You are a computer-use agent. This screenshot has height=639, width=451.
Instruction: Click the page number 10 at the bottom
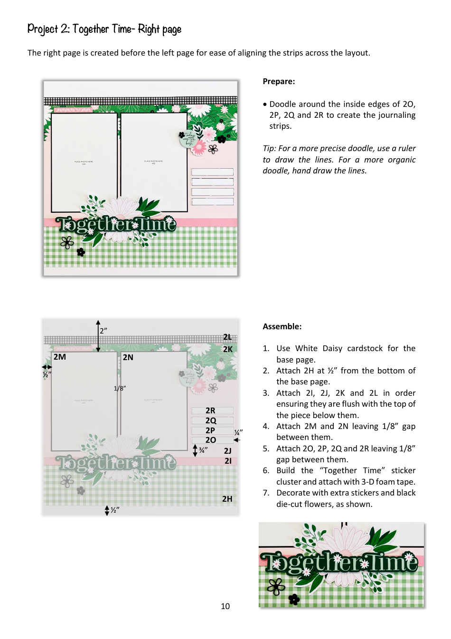click(225, 606)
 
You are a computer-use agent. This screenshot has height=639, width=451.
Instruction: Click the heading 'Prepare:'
click(279, 81)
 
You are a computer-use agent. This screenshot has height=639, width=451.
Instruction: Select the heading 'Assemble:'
click(282, 326)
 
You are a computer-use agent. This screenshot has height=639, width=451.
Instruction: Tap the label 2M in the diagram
click(60, 357)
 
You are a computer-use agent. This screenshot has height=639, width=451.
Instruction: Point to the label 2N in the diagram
click(128, 357)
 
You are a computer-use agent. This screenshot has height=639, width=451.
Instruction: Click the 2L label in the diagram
click(227, 337)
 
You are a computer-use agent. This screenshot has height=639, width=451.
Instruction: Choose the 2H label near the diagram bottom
click(227, 499)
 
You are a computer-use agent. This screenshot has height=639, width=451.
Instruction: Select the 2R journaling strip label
click(210, 410)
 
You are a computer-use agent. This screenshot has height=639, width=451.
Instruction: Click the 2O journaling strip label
click(210, 440)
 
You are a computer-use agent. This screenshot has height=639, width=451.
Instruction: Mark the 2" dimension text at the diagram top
click(103, 330)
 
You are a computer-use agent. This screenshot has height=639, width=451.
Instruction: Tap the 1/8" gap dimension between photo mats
click(120, 388)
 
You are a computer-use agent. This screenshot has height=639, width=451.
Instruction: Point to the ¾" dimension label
click(203, 450)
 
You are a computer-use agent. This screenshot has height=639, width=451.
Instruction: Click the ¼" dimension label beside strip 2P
click(238, 432)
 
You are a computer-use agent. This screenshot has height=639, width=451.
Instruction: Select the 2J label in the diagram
click(228, 451)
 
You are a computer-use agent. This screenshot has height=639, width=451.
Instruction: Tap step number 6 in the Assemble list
click(266, 470)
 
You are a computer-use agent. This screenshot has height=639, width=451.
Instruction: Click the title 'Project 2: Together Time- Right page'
click(104, 29)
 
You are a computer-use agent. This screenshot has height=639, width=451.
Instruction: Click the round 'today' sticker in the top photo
click(189, 138)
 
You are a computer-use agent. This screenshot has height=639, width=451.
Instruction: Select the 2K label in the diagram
click(228, 349)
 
